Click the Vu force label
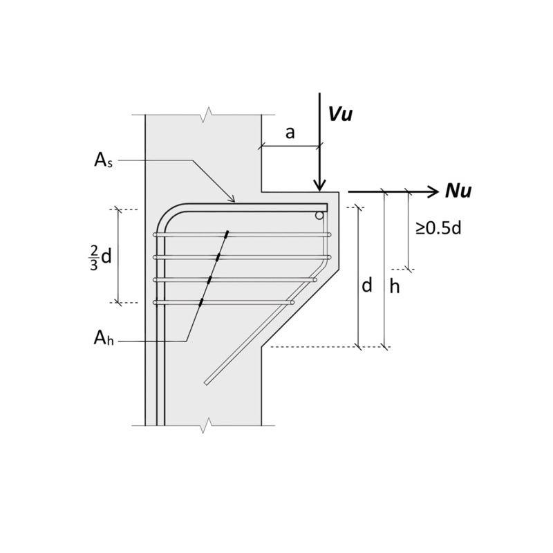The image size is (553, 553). coord(340,114)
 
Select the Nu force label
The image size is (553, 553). coord(458,191)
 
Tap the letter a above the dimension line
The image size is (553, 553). coord(290,133)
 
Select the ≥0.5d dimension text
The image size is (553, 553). coord(438,227)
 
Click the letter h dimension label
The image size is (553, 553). coord(394,286)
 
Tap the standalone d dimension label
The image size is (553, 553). coord(366,285)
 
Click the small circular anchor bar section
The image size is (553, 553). coord(319,216)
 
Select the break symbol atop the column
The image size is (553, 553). coord(204,115)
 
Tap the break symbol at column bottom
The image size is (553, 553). coord(204,425)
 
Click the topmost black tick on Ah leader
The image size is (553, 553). coord(225,235)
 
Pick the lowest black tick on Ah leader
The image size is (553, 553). coord(200,302)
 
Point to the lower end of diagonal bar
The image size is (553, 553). coord(206,382)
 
